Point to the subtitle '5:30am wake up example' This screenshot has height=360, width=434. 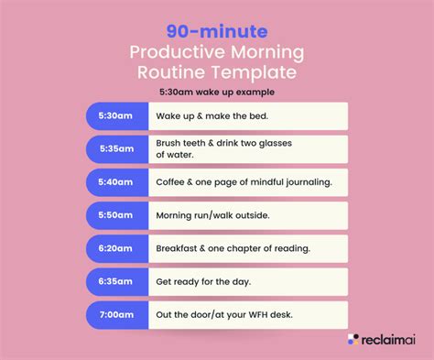pyautogui.click(x=217, y=92)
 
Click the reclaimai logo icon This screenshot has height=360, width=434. pyautogui.click(x=353, y=340)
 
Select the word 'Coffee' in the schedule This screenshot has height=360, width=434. pyautogui.click(x=176, y=182)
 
